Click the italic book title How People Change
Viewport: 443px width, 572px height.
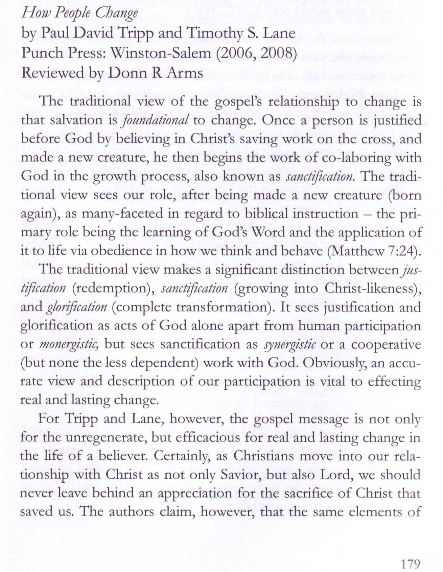[x=80, y=14]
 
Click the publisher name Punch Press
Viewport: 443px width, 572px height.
[x=63, y=53]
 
